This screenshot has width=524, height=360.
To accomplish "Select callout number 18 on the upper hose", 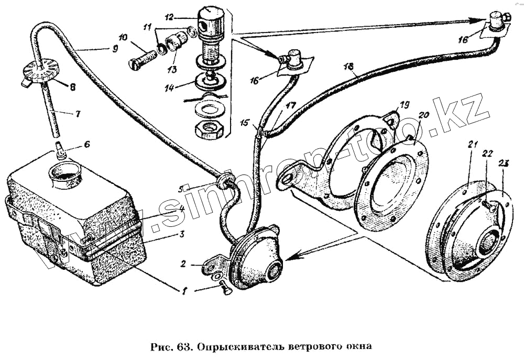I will point(350,67).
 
